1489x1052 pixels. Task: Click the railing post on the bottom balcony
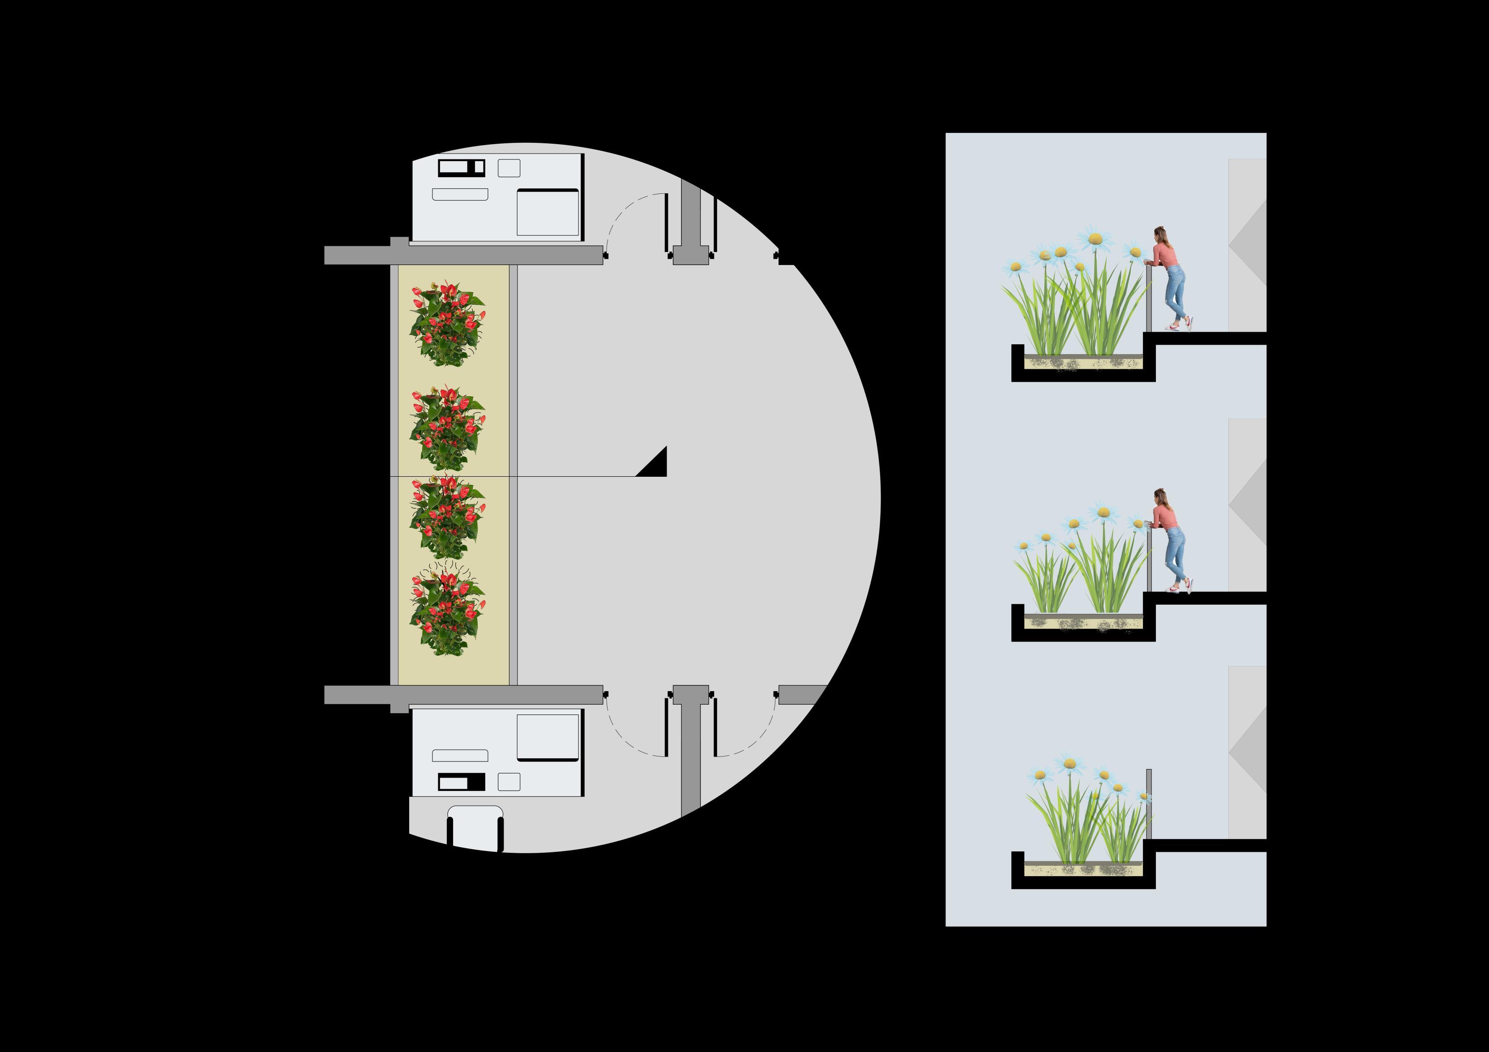tap(1148, 804)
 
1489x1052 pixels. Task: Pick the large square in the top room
tap(548, 212)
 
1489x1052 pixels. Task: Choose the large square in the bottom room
tap(548, 737)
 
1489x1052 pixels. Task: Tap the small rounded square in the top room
tap(509, 168)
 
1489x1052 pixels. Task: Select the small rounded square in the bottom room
tap(509, 782)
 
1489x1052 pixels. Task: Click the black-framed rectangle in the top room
tap(461, 167)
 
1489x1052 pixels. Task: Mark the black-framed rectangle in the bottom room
tap(461, 782)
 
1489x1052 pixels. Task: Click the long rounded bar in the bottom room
tap(460, 756)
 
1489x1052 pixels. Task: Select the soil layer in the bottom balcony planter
tap(1083, 869)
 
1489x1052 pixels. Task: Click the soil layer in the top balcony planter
tap(1083, 362)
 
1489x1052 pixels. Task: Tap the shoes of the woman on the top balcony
tap(1180, 326)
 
